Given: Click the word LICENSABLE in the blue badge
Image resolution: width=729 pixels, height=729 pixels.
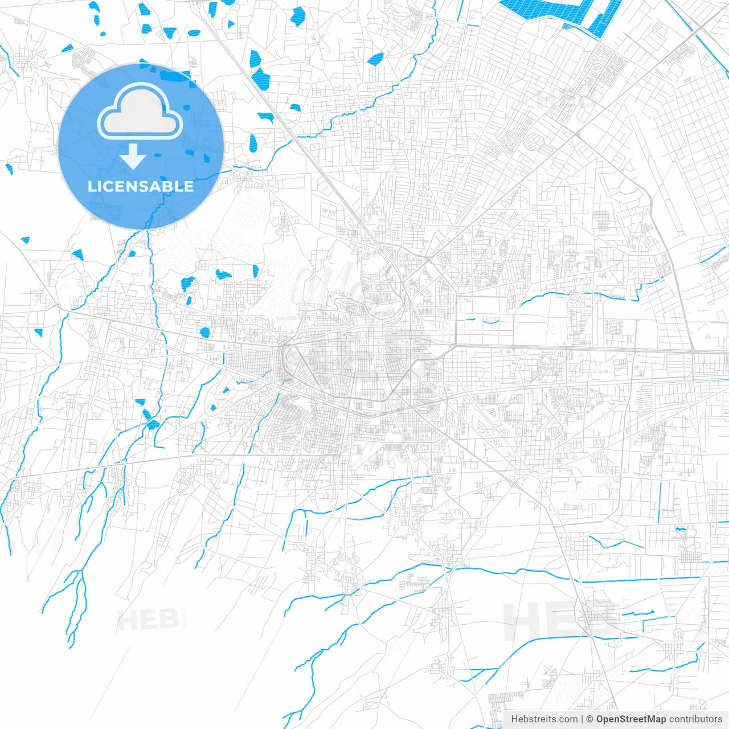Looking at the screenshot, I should [x=141, y=186].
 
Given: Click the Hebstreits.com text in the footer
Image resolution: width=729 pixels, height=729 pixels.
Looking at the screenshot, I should [x=544, y=719].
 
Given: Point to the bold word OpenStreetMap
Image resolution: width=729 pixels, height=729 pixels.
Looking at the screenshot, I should [x=630, y=719].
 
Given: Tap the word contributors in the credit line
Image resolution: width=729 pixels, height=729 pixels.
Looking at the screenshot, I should [x=695, y=719].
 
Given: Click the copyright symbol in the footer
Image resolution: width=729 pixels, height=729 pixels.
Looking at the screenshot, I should [x=589, y=719].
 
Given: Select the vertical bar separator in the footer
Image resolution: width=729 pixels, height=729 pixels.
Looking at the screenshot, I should [x=581, y=719].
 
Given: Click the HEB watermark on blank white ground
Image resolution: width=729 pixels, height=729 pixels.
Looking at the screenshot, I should [x=147, y=619].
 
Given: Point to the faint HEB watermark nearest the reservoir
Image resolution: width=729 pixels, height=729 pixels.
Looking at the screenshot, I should [x=567, y=98].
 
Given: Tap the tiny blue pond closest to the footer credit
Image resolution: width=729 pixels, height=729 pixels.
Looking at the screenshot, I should [x=679, y=530].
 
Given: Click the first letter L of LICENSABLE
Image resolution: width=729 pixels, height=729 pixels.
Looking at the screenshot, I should [x=91, y=186].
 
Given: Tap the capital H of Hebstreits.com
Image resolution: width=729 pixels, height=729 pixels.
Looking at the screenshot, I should [x=514, y=719].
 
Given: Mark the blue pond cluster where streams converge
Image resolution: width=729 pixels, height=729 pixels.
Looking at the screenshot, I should [x=151, y=421].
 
